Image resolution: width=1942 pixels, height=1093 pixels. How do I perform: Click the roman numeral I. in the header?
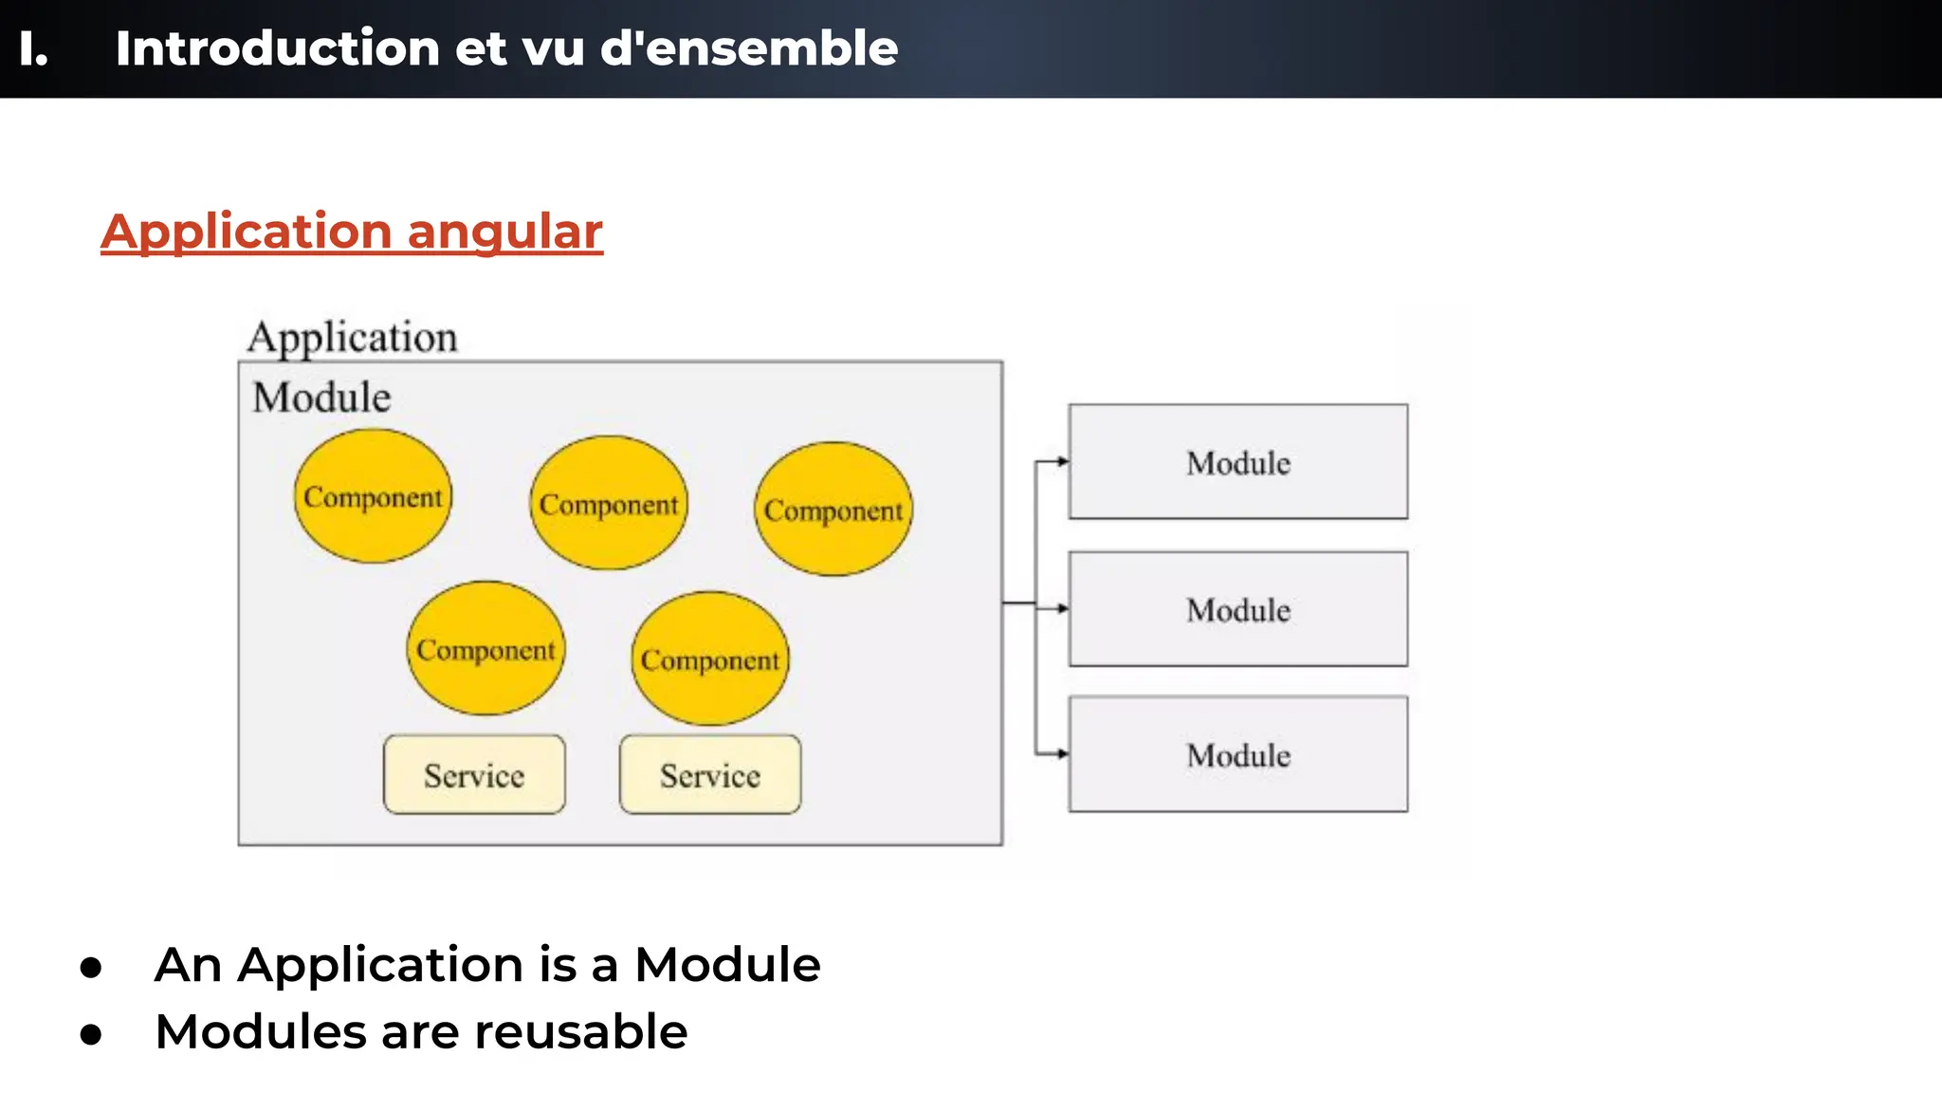pyautogui.click(x=32, y=48)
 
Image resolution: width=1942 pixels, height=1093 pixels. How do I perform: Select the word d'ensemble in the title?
pyautogui.click(x=748, y=48)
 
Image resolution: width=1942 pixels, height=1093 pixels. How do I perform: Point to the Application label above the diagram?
pyautogui.click(x=352, y=338)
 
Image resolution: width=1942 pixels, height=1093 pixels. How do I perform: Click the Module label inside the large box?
pyautogui.click(x=321, y=398)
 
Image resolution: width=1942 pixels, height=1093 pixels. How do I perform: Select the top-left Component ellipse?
pyautogui.click(x=373, y=496)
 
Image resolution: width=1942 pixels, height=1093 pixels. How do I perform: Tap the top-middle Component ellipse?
pyautogui.click(x=609, y=504)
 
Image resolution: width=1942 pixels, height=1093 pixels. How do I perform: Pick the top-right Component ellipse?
pyautogui.click(x=834, y=509)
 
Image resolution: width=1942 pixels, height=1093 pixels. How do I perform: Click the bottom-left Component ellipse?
pyautogui.click(x=485, y=649)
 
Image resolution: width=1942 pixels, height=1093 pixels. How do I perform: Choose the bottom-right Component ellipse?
pyautogui.click(x=709, y=659)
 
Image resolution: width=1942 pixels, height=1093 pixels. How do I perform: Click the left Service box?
pyautogui.click(x=474, y=775)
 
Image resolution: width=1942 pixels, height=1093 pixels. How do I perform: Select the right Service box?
pyautogui.click(x=710, y=775)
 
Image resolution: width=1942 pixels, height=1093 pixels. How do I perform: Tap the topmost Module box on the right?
pyautogui.click(x=1237, y=462)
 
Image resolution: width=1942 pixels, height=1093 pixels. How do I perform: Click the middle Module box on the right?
pyautogui.click(x=1237, y=609)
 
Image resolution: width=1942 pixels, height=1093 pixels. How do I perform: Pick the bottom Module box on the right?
pyautogui.click(x=1237, y=754)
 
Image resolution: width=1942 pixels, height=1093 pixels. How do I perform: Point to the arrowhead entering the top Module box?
pyautogui.click(x=1063, y=462)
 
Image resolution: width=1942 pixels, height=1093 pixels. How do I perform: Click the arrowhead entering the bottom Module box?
pyautogui.click(x=1063, y=754)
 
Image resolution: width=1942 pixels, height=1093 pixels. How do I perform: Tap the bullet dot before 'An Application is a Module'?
pyautogui.click(x=91, y=967)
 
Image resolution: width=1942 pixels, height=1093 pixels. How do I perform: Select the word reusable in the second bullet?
pyautogui.click(x=580, y=1032)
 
